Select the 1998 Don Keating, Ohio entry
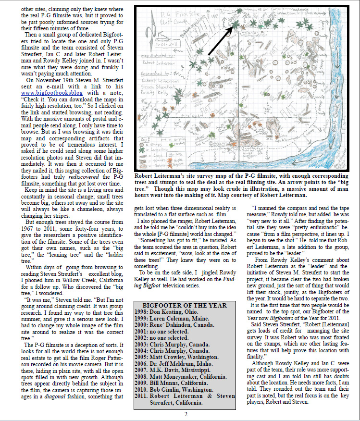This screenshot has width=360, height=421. click(166, 312)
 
